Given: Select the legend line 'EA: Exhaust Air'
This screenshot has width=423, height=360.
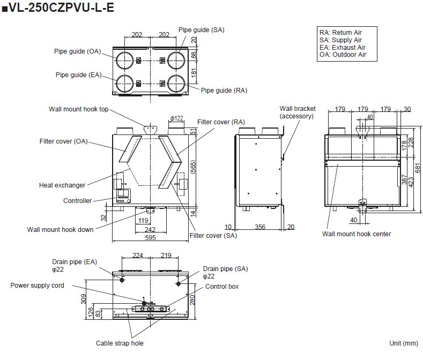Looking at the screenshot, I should [x=342, y=48].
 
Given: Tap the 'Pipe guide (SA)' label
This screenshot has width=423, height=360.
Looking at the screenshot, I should [x=201, y=30].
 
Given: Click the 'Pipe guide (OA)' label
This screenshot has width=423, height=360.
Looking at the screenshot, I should [x=77, y=51].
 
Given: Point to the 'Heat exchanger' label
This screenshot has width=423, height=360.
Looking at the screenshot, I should [x=62, y=185].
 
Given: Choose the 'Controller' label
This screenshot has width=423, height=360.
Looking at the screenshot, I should [x=77, y=201].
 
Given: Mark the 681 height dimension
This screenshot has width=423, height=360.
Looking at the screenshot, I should [x=418, y=167].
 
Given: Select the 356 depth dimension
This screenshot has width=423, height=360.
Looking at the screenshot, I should [x=259, y=227].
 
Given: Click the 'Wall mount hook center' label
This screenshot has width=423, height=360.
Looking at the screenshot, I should [x=357, y=234].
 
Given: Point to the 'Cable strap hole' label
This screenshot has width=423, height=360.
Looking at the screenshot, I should [x=120, y=343].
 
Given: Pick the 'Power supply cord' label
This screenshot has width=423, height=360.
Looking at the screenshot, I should [x=37, y=286].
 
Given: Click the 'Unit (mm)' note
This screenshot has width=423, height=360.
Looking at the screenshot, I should [x=403, y=343].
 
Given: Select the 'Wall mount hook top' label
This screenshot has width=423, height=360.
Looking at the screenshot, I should [x=78, y=109].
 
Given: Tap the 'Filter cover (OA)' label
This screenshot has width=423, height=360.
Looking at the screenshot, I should [x=63, y=141].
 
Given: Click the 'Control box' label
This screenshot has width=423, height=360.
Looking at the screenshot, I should [x=222, y=287].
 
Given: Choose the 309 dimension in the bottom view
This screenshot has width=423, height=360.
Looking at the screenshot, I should [x=83, y=298].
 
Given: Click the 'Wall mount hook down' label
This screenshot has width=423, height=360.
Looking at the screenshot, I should [x=60, y=229].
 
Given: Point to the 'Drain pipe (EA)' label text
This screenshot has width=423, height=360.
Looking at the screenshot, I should [x=75, y=262].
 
